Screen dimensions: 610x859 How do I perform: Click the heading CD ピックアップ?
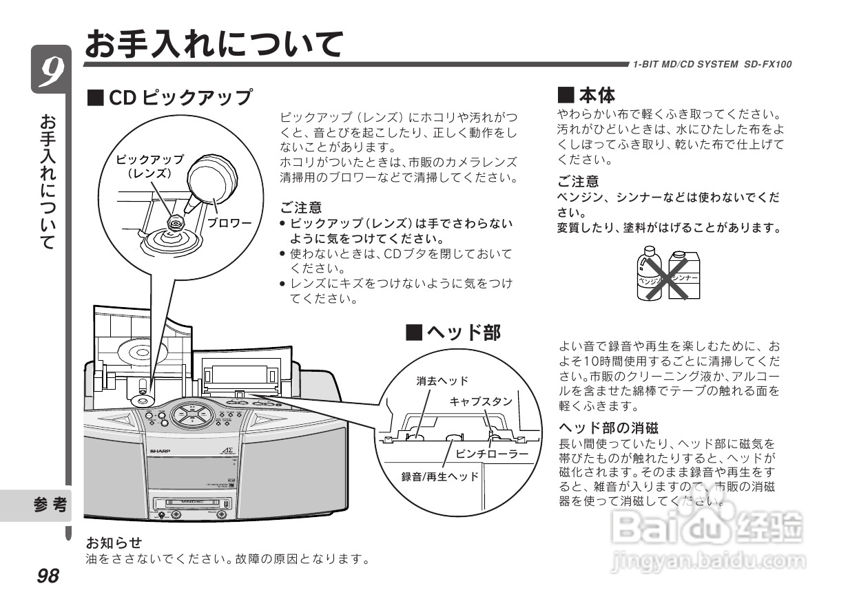click(x=169, y=97)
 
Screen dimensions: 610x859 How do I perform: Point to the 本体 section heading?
click(x=586, y=94)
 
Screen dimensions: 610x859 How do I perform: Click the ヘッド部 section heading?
click(x=453, y=333)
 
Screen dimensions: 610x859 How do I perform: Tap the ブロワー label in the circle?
click(x=229, y=224)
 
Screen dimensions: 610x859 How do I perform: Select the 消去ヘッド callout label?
click(x=442, y=381)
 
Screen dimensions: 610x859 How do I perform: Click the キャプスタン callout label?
click(x=481, y=401)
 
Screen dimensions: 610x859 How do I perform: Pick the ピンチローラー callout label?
click(x=492, y=454)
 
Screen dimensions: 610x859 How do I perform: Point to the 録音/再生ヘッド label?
click(x=440, y=476)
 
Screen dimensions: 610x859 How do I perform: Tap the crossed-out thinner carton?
click(x=684, y=275)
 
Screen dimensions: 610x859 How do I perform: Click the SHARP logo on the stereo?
click(x=160, y=448)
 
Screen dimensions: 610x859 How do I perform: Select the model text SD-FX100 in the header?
click(x=767, y=64)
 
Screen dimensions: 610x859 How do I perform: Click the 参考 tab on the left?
click(x=51, y=505)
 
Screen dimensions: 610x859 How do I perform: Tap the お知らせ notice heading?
click(x=114, y=543)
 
